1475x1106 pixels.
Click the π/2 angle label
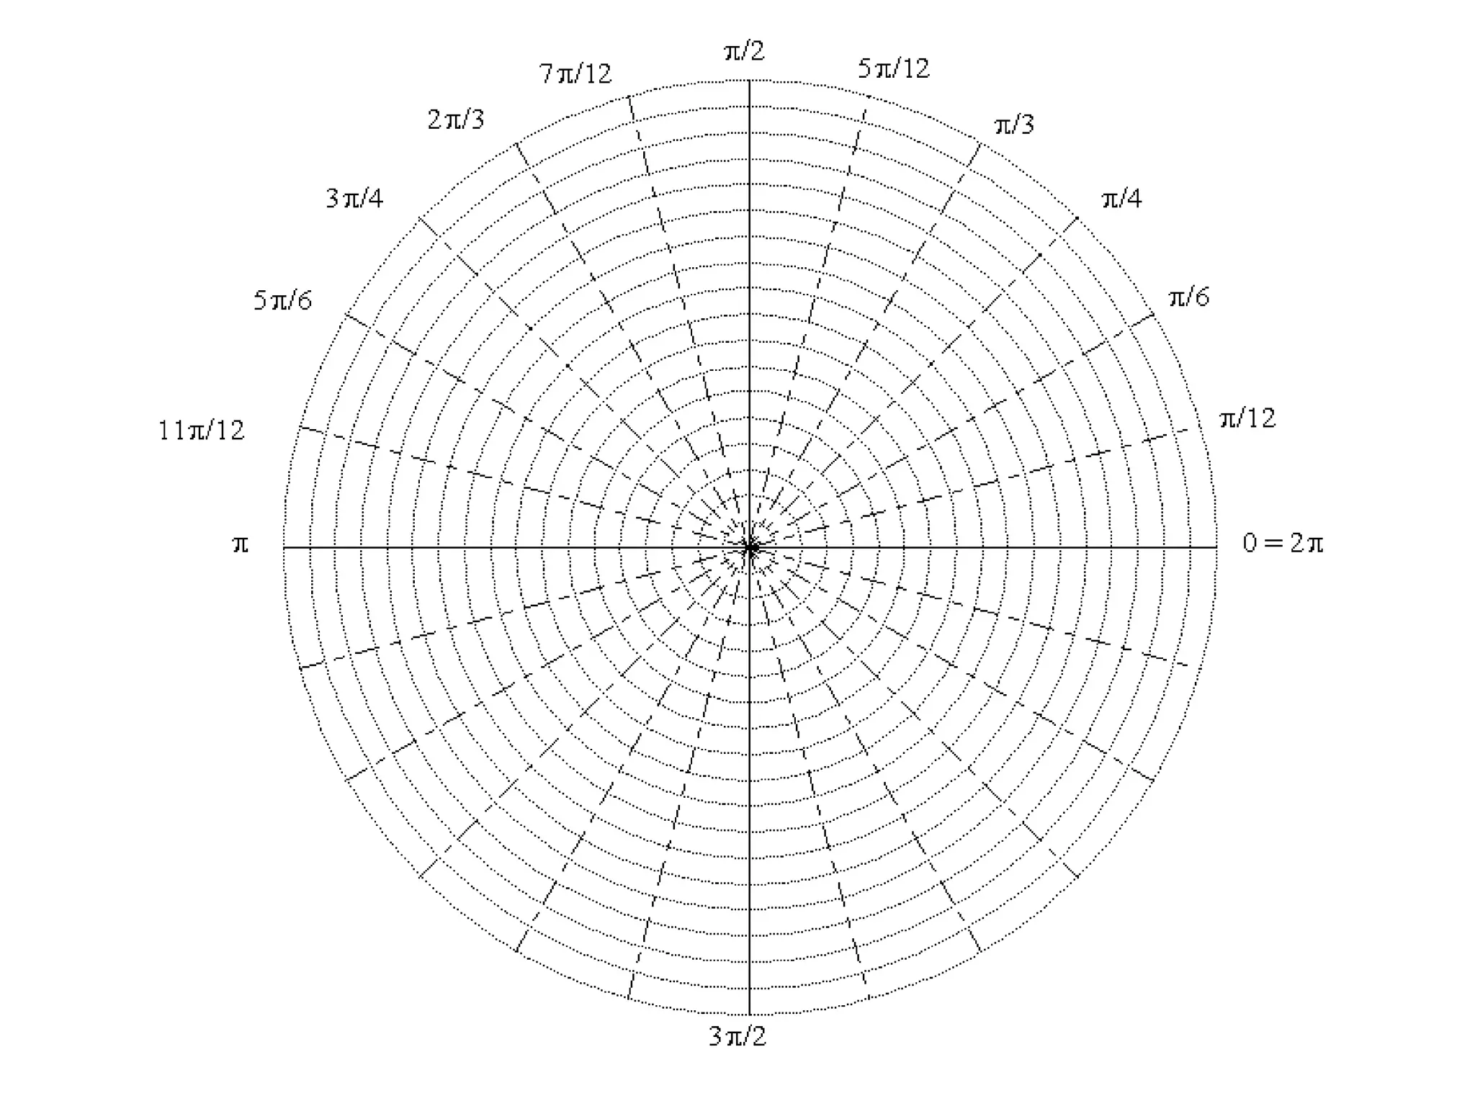pos(744,51)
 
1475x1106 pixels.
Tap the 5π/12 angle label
pos(893,69)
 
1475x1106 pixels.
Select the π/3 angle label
pos(1014,125)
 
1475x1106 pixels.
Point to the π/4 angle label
pos(1121,199)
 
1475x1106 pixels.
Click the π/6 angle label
pos(1188,297)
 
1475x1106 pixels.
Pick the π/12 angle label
pos(1247,418)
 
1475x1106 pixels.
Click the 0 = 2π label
pos(1283,543)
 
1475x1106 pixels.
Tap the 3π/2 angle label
pos(737,1037)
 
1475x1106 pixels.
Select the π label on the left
pos(241,544)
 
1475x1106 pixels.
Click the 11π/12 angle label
pos(202,431)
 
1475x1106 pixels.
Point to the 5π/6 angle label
pos(282,300)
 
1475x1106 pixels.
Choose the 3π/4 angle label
pos(354,198)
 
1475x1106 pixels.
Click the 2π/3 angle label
pos(456,120)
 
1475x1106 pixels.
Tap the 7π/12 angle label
pos(575,73)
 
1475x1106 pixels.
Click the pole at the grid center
pos(750,548)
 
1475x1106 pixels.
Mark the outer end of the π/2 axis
pos(750,81)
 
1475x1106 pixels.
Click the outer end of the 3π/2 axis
pos(750,1014)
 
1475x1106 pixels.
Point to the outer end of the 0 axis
pos(1216,548)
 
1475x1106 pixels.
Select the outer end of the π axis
pos(284,548)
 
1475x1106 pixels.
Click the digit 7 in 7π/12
pos(546,73)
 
